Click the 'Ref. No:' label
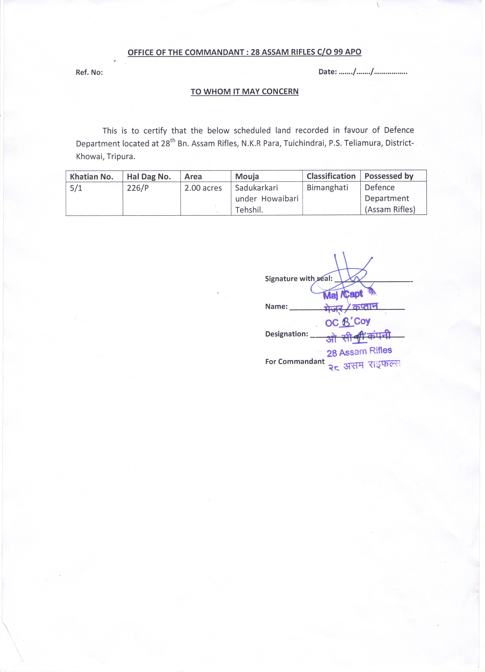pos(89,72)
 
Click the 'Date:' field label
pos(327,72)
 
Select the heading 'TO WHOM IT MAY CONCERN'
pos(245,91)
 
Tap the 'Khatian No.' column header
pos(91,177)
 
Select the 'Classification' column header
pos(331,176)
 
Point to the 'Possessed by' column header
pos(389,176)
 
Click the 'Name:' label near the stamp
pos(276,306)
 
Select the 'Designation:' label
pos(287,334)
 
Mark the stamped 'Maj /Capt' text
pos(343,295)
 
